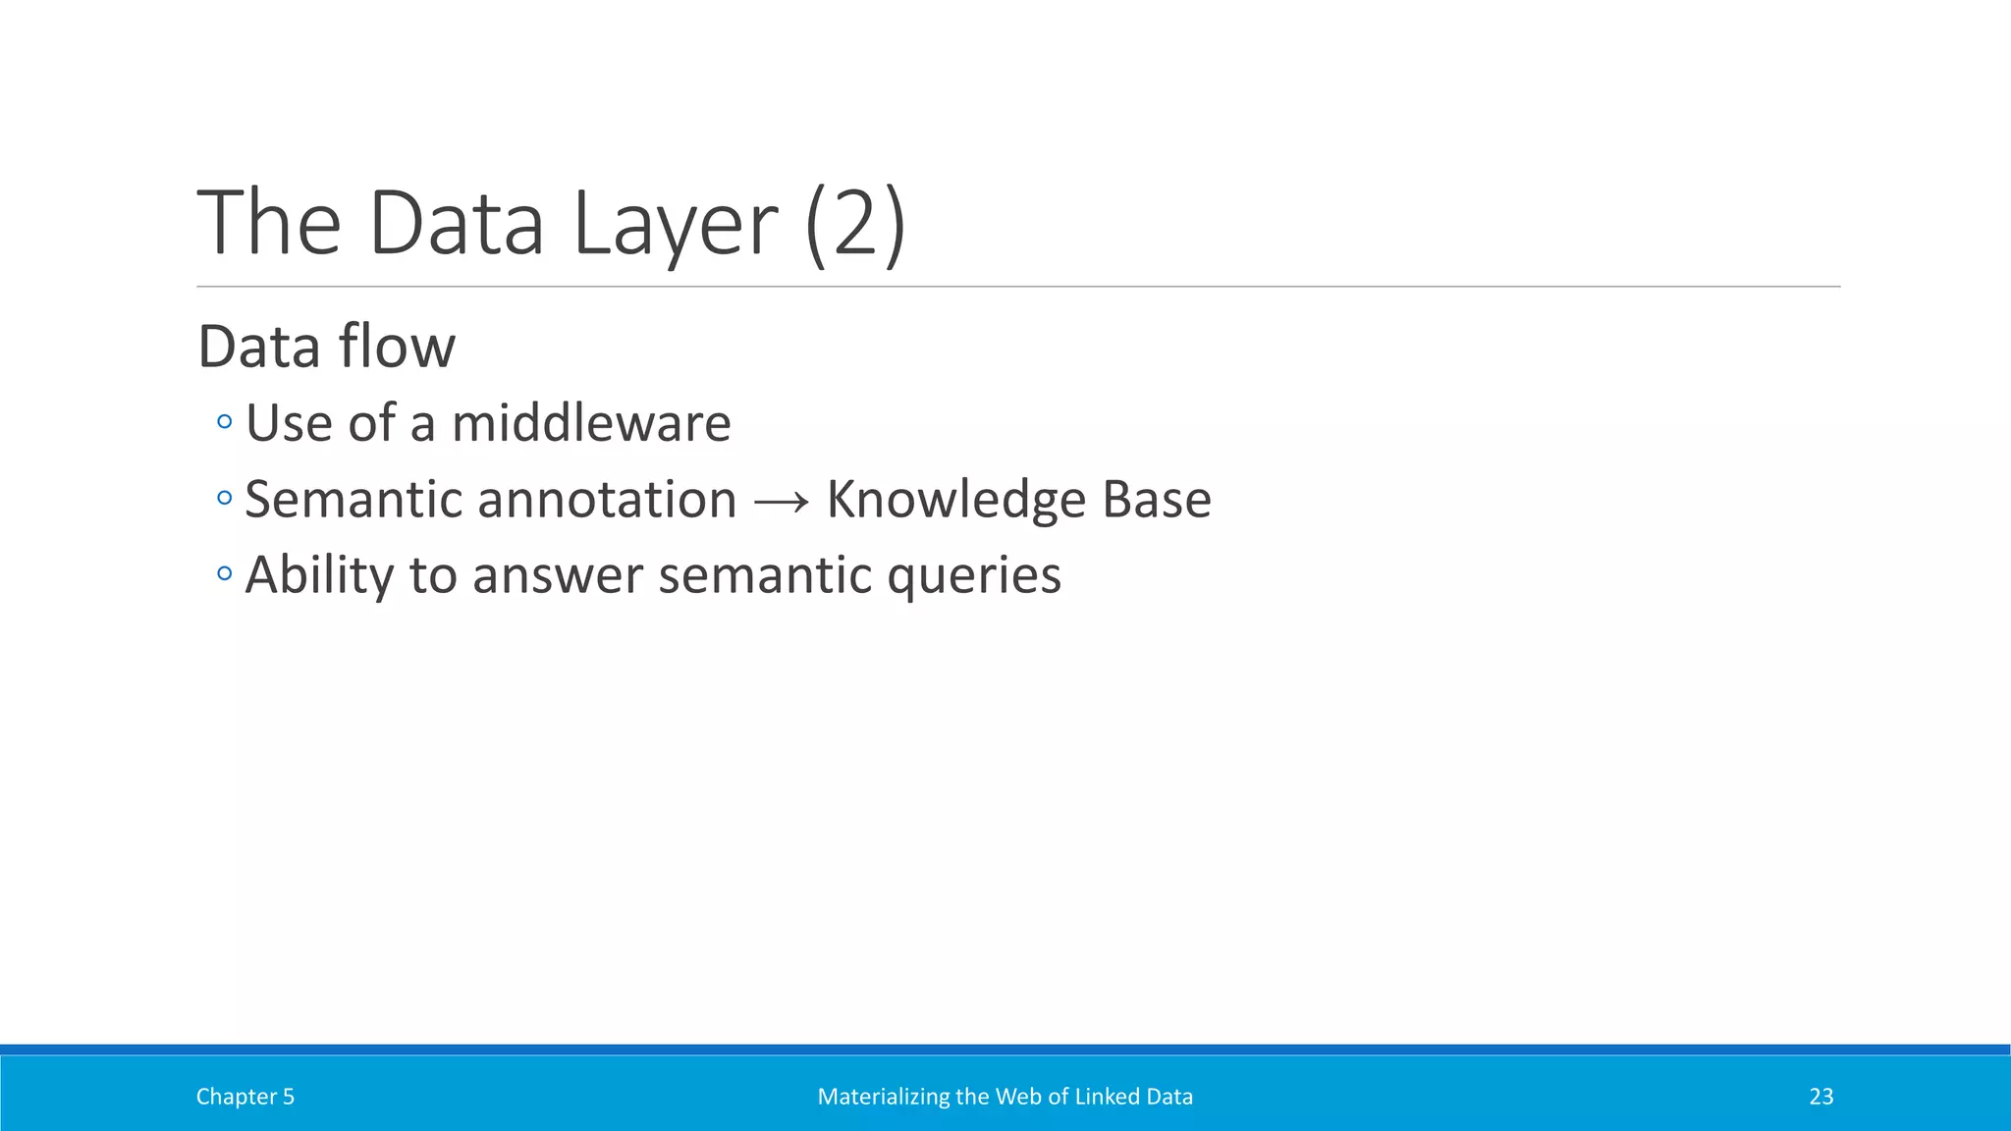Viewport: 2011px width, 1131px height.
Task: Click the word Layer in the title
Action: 676,224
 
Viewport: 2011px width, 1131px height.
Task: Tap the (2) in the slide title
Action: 854,224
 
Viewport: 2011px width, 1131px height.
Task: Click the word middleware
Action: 591,424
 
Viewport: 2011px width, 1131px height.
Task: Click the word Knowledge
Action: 955,500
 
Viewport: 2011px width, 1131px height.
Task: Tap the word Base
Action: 1157,500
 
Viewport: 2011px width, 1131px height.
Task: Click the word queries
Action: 973,576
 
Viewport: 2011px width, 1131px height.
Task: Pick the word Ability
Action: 318,576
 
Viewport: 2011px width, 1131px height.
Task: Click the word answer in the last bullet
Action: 557,576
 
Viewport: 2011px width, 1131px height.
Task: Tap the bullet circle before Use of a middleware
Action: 225,423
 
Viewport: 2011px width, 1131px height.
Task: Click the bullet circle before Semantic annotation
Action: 225,499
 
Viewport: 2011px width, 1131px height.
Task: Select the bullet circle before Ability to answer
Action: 225,573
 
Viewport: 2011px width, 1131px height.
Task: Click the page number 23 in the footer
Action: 1821,1097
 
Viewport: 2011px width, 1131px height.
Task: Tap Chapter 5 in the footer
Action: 245,1097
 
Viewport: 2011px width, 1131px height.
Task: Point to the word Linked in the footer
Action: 1100,1097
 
